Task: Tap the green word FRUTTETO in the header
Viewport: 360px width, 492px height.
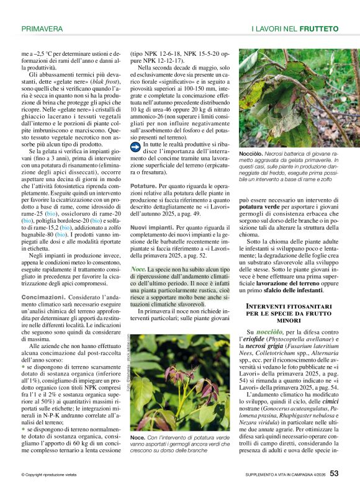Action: pyautogui.click(x=319, y=29)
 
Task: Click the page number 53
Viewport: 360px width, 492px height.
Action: pyautogui.click(x=334, y=473)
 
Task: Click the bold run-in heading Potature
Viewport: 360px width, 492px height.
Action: pyautogui.click(x=144, y=186)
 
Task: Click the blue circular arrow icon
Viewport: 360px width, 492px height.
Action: pyautogui.click(x=135, y=146)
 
